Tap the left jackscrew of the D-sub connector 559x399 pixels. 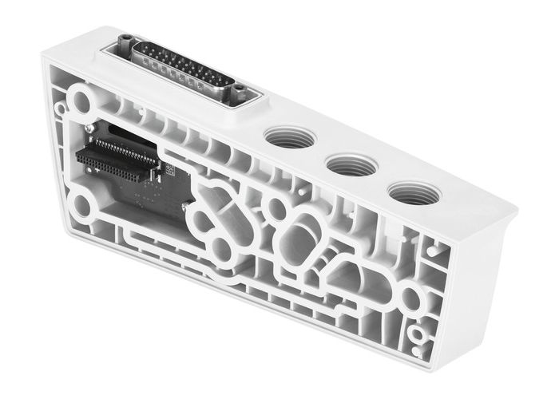[x=125, y=41]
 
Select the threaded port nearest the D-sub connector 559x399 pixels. [x=286, y=137]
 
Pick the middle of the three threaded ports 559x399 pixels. [x=351, y=165]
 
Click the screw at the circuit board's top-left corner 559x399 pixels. [x=89, y=127]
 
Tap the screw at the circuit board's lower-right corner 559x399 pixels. [x=185, y=207]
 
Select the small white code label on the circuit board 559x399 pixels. [x=168, y=168]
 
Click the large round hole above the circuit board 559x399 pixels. [x=81, y=102]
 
